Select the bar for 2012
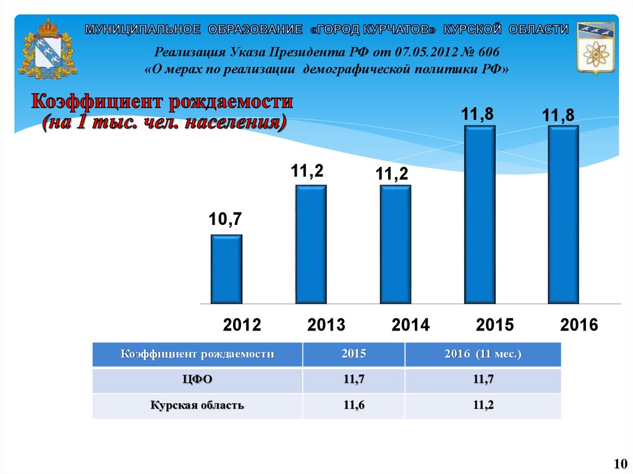click(226, 269)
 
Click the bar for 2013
click(311, 245)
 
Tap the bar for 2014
click(395, 245)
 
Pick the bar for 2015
click(480, 215)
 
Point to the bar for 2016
click(563, 215)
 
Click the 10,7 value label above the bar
click(225, 219)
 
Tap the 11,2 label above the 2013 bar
click(308, 171)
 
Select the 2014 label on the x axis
click(410, 325)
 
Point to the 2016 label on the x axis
click(579, 325)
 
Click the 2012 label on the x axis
click(242, 325)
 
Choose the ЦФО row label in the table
click(197, 380)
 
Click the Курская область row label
click(197, 405)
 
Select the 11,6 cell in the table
click(354, 405)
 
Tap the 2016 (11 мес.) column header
click(483, 354)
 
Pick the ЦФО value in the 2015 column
click(354, 380)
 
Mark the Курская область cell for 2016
click(483, 405)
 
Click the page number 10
click(620, 463)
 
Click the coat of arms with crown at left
click(44, 51)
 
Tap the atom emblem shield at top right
click(595, 49)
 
